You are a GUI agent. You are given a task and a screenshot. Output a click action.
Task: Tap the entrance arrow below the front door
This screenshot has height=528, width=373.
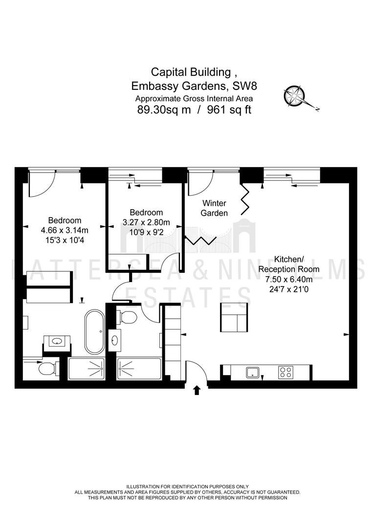coord(197,390)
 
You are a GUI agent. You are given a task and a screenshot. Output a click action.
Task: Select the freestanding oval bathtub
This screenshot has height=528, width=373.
coord(95,332)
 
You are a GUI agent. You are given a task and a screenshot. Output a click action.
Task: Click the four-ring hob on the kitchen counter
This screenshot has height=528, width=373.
coord(285,372)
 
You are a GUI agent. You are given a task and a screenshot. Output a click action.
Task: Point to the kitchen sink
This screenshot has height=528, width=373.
coord(252,373)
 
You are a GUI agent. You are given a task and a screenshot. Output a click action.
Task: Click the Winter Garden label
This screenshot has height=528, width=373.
coord(214,208)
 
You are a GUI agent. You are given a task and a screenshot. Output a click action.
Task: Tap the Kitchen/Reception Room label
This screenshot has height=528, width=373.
coord(289,264)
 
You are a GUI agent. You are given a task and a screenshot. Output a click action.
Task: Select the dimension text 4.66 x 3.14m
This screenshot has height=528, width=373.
coord(65,230)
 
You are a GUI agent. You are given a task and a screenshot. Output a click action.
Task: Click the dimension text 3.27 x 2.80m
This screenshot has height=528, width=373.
coord(146,222)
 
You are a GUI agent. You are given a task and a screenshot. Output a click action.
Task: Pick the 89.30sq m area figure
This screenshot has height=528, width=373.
coord(164,110)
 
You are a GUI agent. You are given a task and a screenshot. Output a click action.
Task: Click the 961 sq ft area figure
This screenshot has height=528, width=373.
coord(229,110)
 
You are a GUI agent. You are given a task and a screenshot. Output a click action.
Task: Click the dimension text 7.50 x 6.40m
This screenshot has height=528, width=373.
coord(289,280)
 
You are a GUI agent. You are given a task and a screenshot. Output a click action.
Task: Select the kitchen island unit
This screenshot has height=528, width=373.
coord(234,318)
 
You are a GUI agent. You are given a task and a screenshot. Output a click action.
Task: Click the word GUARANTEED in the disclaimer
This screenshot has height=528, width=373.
coord(282,492)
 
